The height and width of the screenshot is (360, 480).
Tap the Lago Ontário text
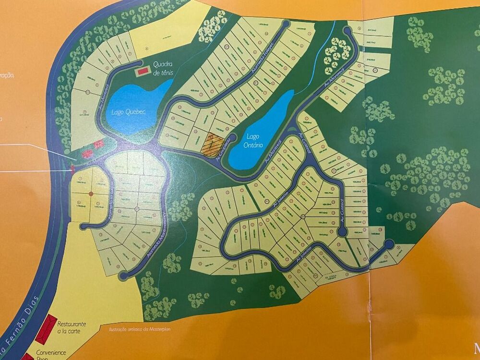click(x=252, y=141)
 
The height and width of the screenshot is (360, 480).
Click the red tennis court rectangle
click(x=142, y=71)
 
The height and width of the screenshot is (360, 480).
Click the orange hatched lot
click(x=214, y=144)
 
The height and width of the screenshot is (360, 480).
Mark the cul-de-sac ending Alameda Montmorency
click(x=123, y=276)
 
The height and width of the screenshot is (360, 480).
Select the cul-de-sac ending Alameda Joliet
click(x=286, y=24)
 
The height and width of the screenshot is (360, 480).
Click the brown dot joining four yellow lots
click(x=91, y=193)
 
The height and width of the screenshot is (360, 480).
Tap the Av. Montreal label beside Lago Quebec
click(x=104, y=96)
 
